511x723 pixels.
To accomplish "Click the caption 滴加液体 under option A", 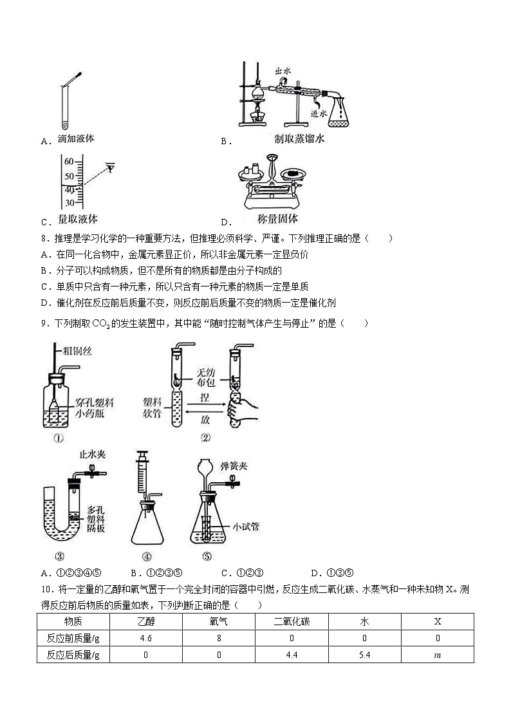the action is [x=76, y=138].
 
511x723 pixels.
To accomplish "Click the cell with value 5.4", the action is [x=364, y=655].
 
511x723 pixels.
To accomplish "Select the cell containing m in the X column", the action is [x=438, y=655].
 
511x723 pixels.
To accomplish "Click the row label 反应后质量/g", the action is [x=73, y=655].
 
